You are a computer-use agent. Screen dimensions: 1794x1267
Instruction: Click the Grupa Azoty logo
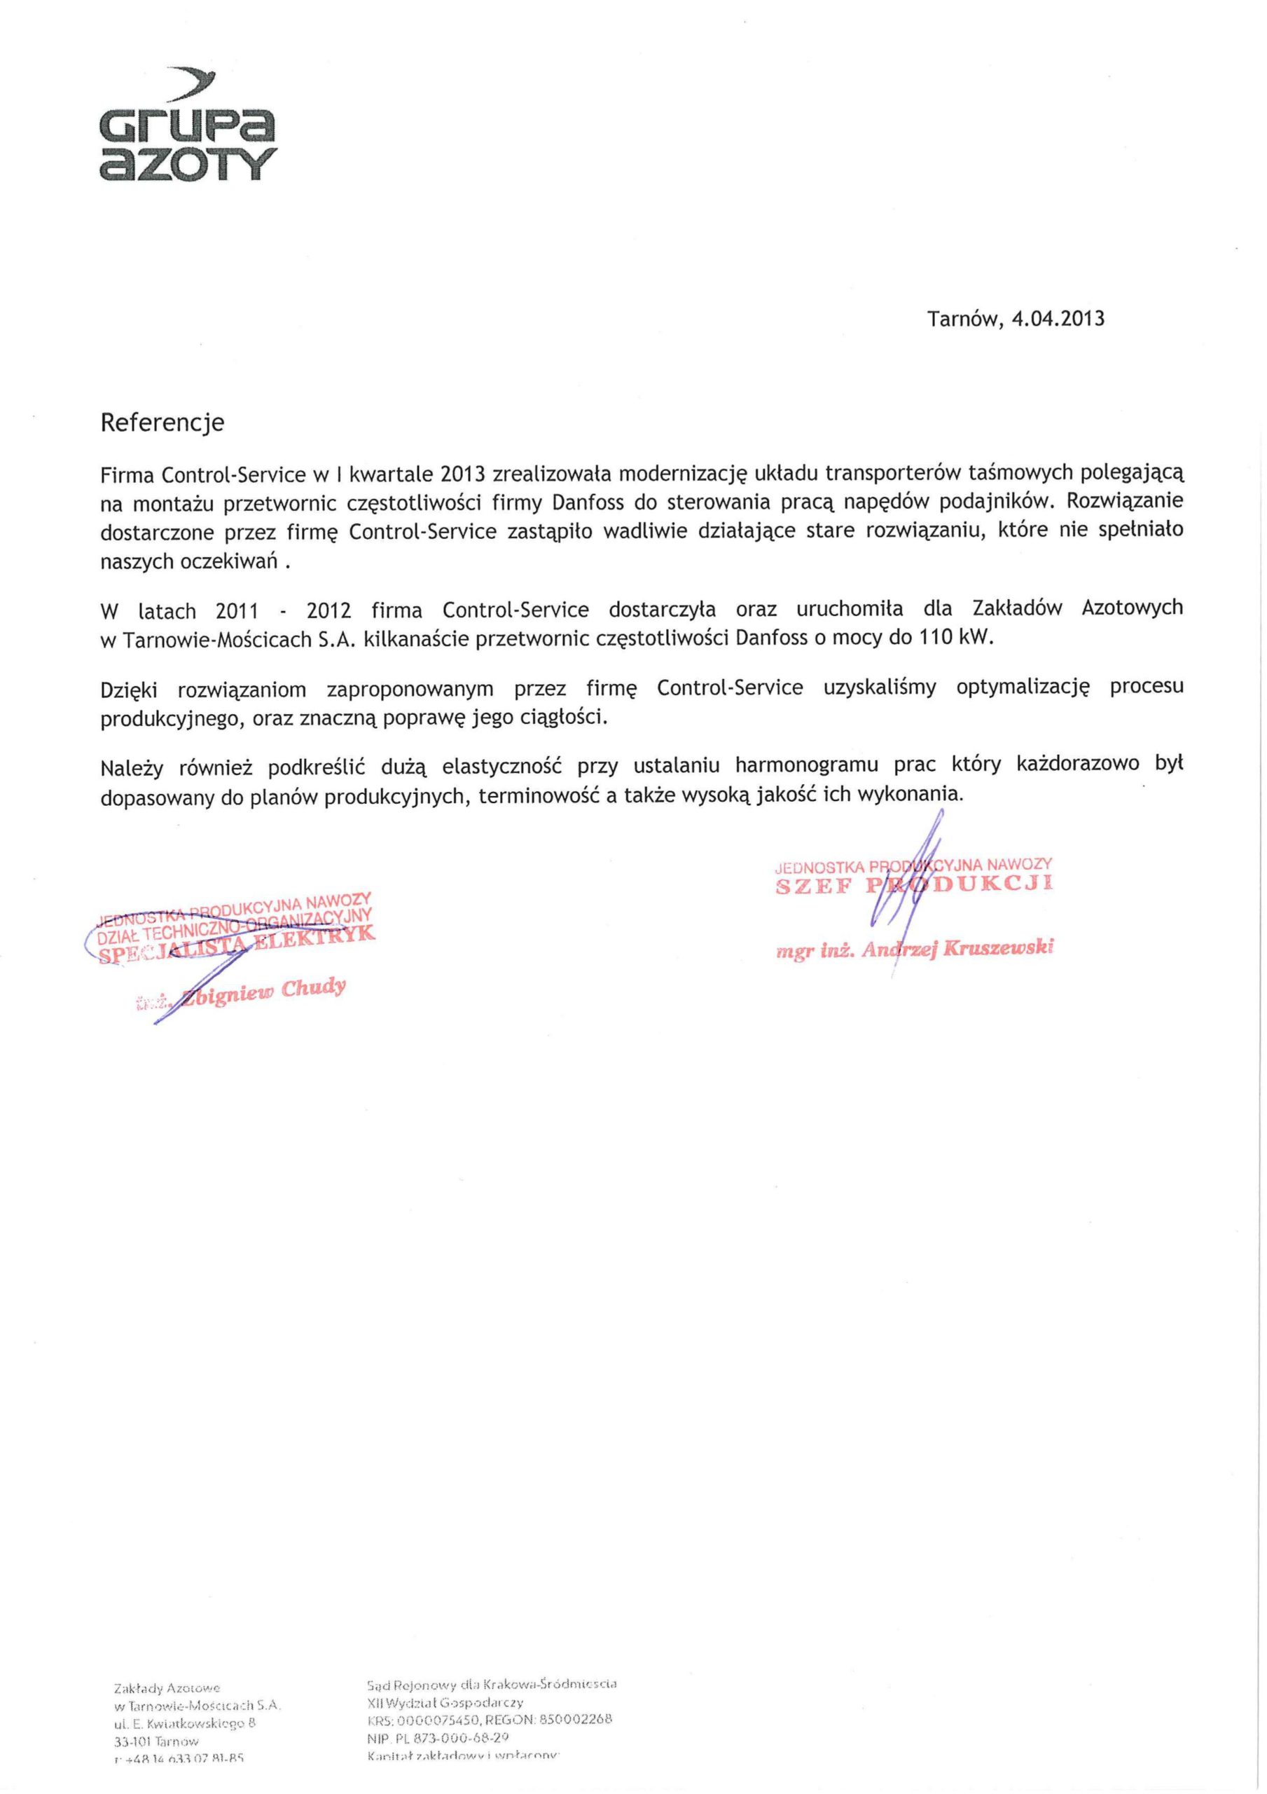click(188, 129)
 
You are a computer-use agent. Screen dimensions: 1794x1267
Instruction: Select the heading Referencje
click(162, 423)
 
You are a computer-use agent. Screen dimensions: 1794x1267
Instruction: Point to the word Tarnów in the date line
click(962, 320)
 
